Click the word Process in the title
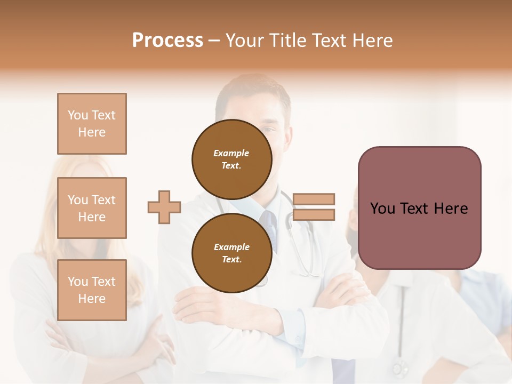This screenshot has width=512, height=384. click(x=167, y=41)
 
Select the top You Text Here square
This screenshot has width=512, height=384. click(x=92, y=124)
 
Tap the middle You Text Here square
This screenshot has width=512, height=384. click(x=92, y=208)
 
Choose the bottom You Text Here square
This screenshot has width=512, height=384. click(x=92, y=290)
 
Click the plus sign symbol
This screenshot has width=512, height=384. click(x=164, y=207)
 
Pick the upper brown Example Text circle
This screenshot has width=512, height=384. click(x=231, y=159)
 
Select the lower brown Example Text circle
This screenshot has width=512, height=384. click(x=231, y=253)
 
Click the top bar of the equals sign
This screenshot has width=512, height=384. click(x=314, y=199)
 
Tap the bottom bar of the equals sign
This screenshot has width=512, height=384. click(x=314, y=215)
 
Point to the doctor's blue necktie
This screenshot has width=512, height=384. click(x=270, y=227)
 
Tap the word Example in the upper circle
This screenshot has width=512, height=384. click(x=231, y=154)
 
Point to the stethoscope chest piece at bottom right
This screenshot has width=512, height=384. click(x=398, y=367)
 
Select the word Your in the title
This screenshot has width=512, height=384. click(x=244, y=41)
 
